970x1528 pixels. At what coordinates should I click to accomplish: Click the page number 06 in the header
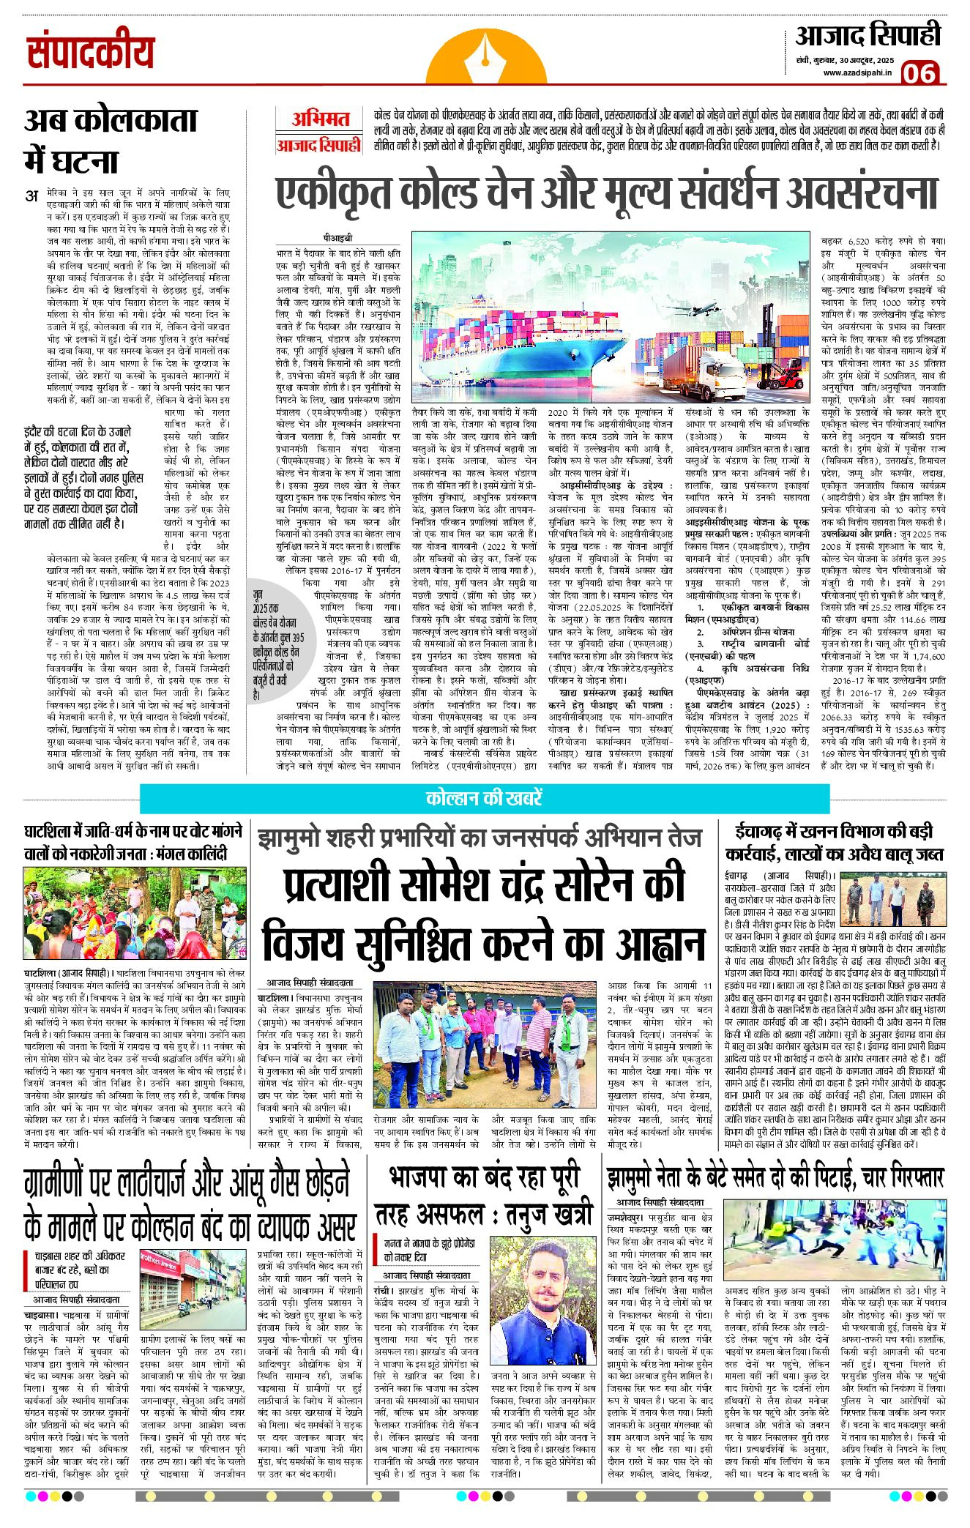click(919, 73)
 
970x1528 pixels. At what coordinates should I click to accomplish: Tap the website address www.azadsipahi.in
click(858, 72)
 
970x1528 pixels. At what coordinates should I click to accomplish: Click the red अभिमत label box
click(320, 119)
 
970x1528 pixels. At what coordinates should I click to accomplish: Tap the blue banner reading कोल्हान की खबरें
click(484, 798)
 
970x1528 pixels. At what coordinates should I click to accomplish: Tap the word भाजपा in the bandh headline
click(426, 1179)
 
